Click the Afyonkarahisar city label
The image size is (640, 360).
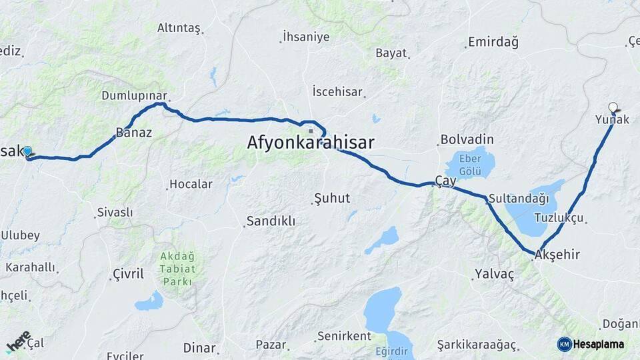(x=311, y=143)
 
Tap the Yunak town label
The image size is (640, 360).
(x=611, y=120)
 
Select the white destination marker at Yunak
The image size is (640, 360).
(x=613, y=106)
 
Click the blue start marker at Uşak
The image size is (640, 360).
(x=27, y=151)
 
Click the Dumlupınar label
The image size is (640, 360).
(x=133, y=96)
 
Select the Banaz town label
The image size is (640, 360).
(x=134, y=133)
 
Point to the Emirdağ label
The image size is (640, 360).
(x=493, y=42)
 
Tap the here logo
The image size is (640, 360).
(x=18, y=341)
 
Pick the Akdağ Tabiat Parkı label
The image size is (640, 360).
(x=178, y=269)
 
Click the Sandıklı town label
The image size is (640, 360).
(x=271, y=221)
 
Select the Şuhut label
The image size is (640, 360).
(x=331, y=198)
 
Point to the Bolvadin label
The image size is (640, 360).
(x=467, y=140)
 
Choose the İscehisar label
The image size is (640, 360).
(x=337, y=92)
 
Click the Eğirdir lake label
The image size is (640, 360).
(x=391, y=351)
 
